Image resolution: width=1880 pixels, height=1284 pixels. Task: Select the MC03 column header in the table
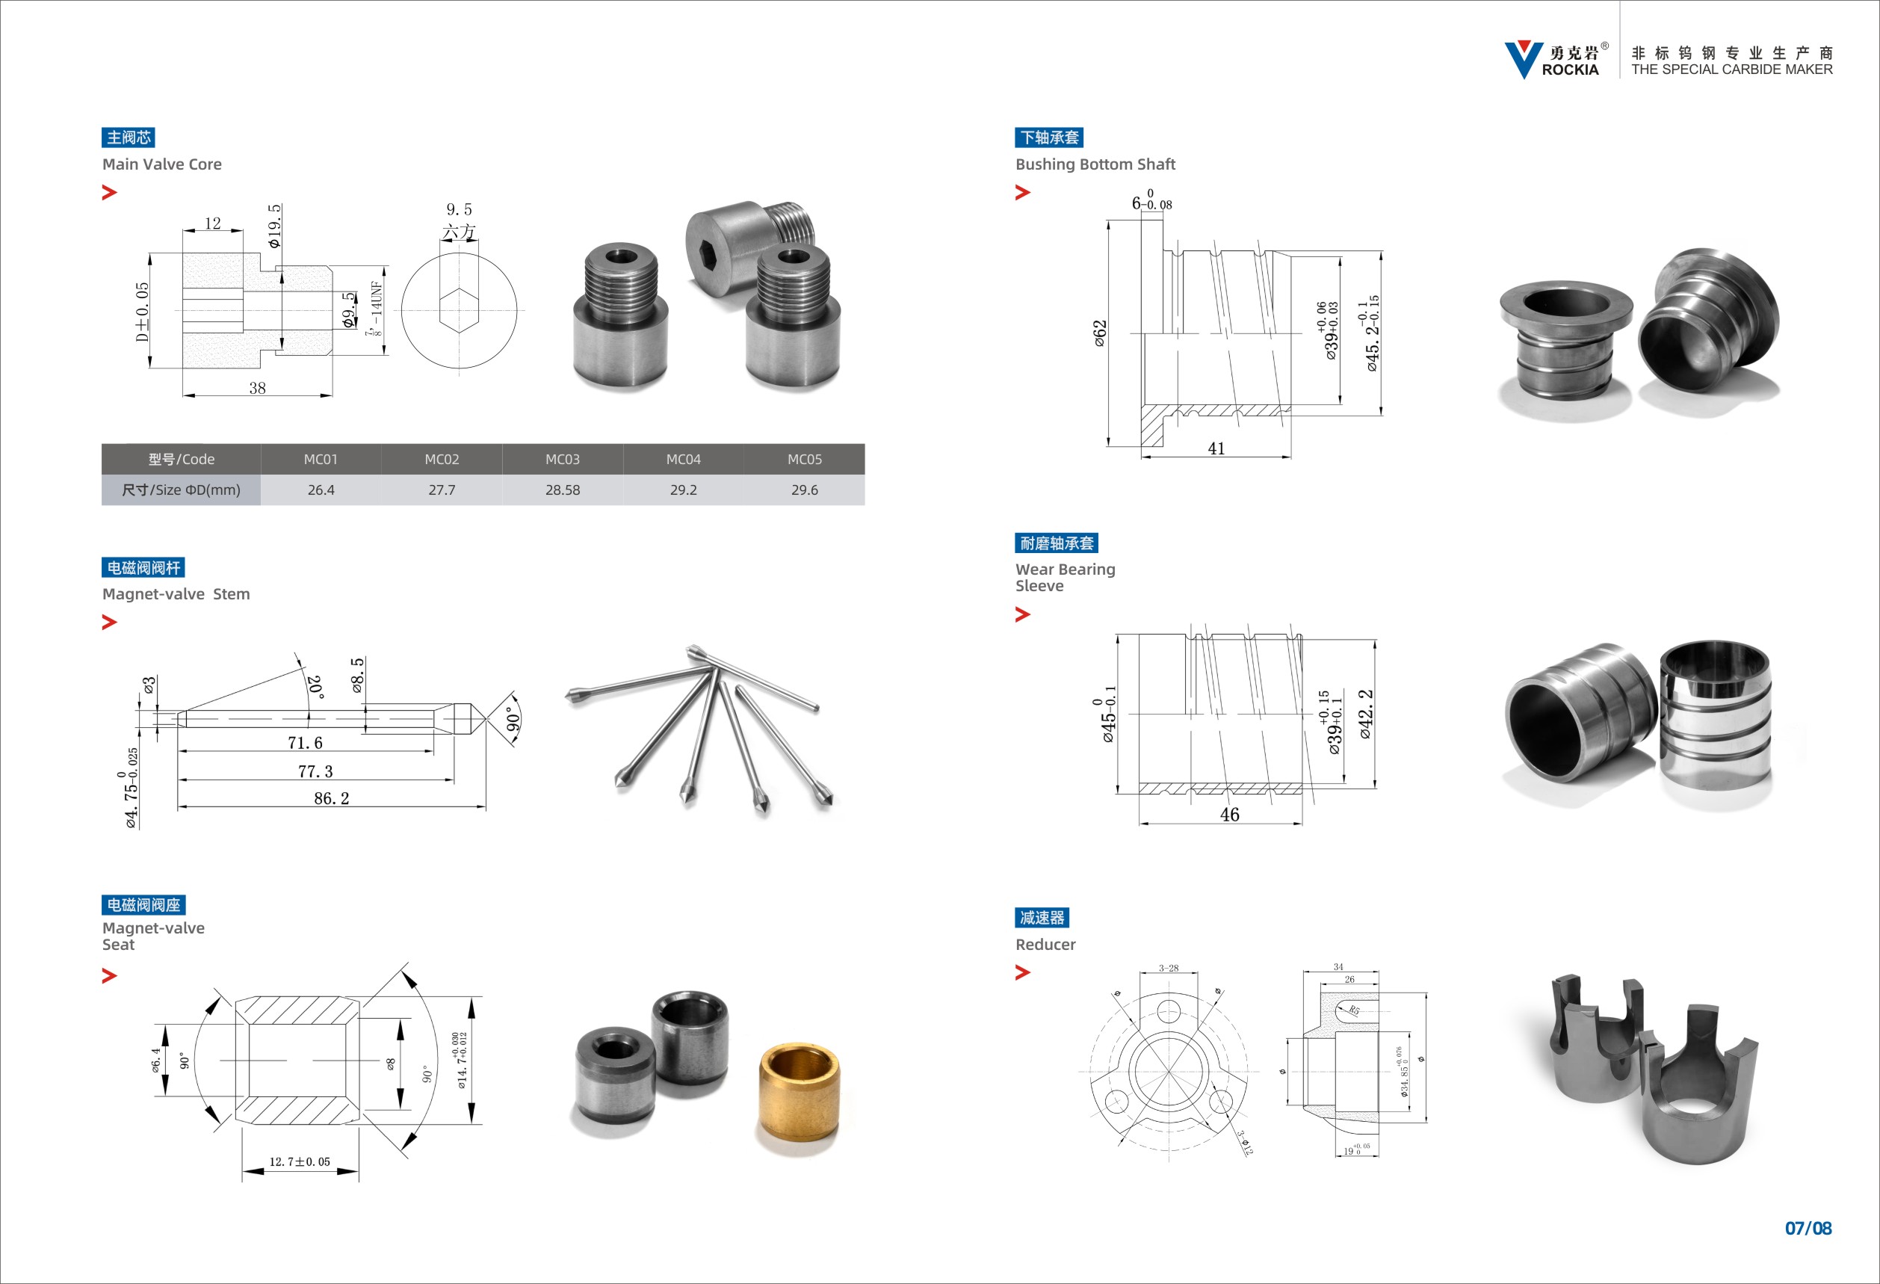pyautogui.click(x=562, y=460)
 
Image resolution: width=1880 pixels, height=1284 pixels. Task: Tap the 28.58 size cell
pyautogui.click(x=562, y=490)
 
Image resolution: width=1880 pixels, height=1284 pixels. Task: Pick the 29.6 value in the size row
pyautogui.click(x=804, y=490)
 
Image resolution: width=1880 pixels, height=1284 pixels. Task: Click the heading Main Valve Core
pyautogui.click(x=162, y=164)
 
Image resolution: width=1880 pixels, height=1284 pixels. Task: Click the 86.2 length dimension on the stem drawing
pyautogui.click(x=331, y=798)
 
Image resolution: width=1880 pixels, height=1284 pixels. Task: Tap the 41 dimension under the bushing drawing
pyautogui.click(x=1216, y=448)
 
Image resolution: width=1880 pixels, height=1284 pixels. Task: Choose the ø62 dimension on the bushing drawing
pyautogui.click(x=1099, y=333)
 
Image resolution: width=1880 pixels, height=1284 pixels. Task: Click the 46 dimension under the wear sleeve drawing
pyautogui.click(x=1228, y=815)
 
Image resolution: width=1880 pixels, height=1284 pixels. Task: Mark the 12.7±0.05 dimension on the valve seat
pyautogui.click(x=300, y=1162)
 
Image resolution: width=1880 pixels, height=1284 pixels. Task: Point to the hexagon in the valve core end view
pyautogui.click(x=459, y=311)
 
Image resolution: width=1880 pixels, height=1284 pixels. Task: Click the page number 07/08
pyautogui.click(x=1808, y=1228)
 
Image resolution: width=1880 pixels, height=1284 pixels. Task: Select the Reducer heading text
pyautogui.click(x=1045, y=944)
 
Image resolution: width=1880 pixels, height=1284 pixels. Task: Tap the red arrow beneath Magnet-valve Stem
pyautogui.click(x=109, y=622)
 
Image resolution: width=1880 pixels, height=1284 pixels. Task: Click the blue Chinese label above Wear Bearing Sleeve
pyautogui.click(x=1056, y=543)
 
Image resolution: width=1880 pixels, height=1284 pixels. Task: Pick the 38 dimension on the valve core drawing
pyautogui.click(x=257, y=389)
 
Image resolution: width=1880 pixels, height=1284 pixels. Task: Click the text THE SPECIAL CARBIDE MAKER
pyautogui.click(x=1732, y=70)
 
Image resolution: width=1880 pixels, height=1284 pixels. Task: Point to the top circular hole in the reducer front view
pyautogui.click(x=1168, y=1010)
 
